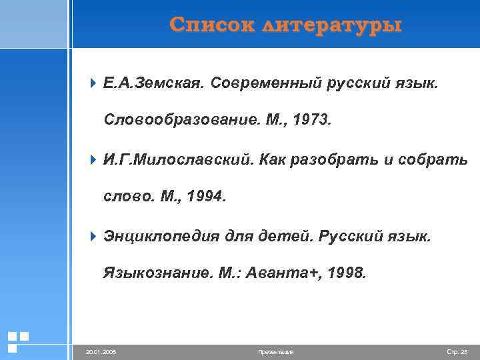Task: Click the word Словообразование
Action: point(179,121)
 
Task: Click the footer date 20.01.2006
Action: point(101,351)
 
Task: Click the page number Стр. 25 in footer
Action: point(457,351)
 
